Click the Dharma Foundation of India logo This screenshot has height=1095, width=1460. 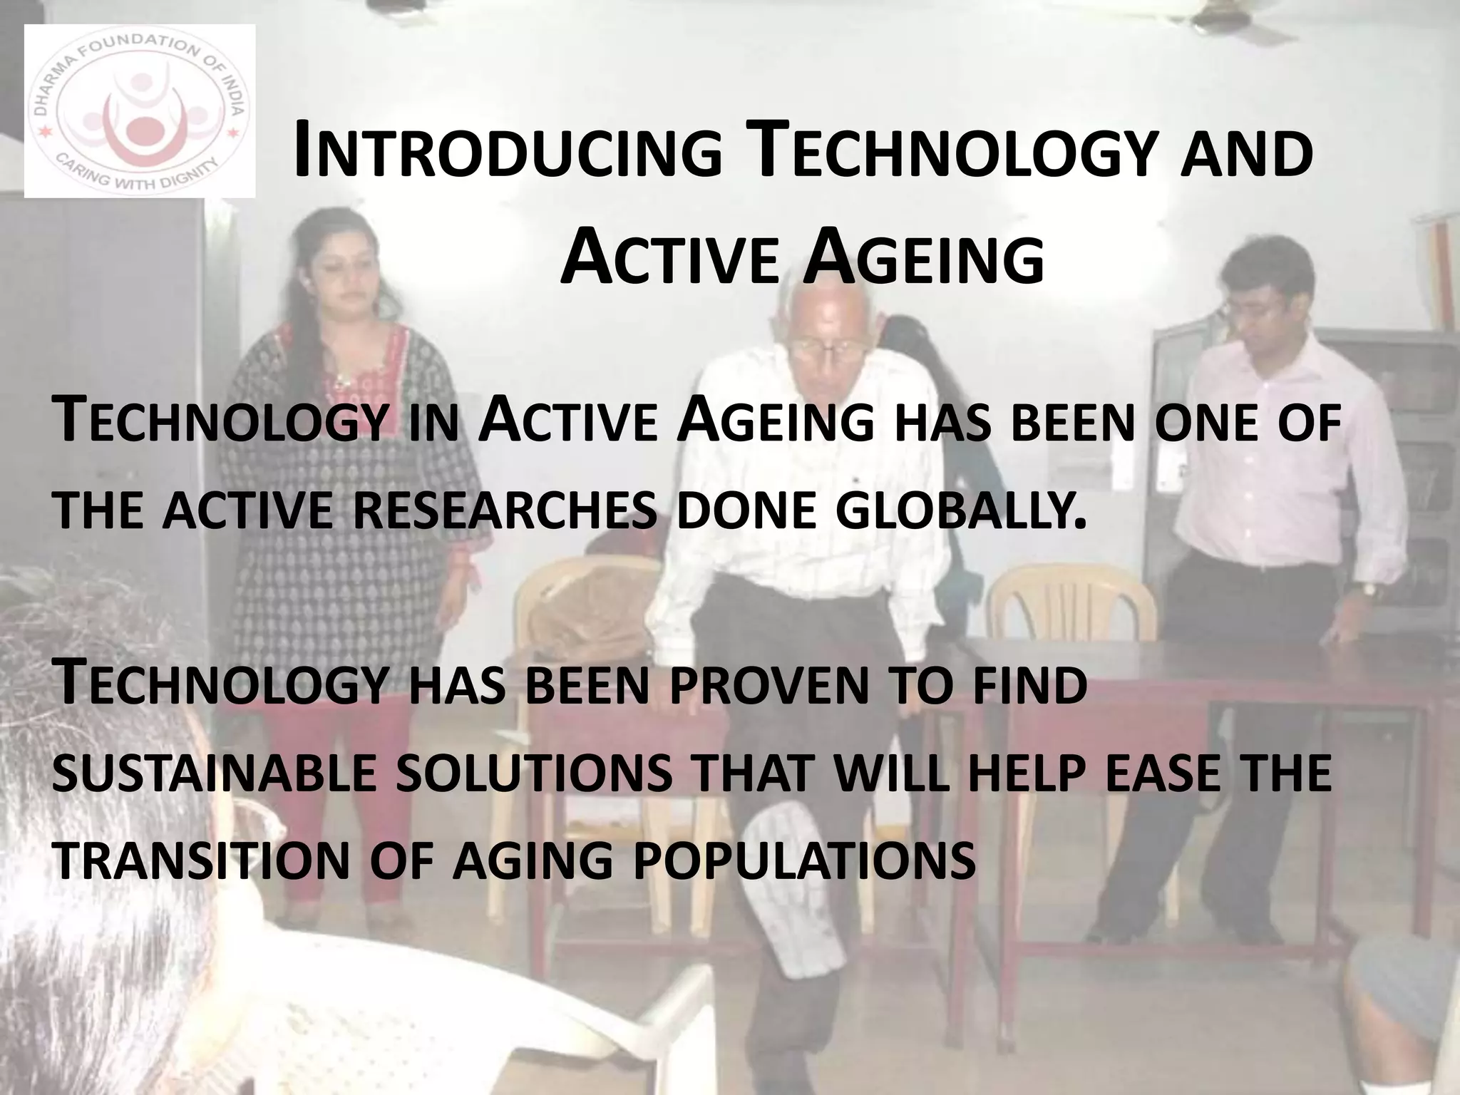click(x=140, y=111)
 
